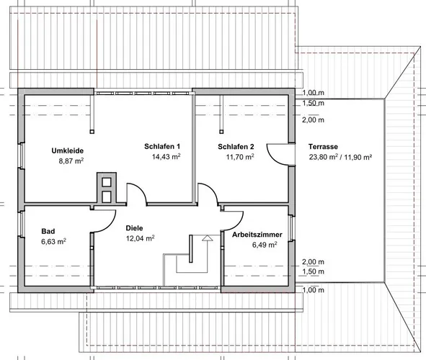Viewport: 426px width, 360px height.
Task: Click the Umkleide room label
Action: (x=67, y=150)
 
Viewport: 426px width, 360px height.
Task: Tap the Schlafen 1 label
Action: (x=162, y=146)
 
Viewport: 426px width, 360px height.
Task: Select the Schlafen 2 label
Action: (x=236, y=147)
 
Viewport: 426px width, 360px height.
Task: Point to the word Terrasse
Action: (x=323, y=147)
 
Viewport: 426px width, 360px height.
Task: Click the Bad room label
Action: (x=48, y=231)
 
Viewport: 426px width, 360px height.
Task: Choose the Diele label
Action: (x=134, y=228)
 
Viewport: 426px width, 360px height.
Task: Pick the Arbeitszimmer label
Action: (x=257, y=235)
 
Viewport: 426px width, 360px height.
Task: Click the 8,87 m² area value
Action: (x=71, y=161)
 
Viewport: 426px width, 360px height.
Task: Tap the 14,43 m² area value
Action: (x=167, y=156)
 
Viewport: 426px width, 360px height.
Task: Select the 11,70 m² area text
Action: (x=240, y=157)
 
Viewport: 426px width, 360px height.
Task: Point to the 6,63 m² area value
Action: (x=54, y=241)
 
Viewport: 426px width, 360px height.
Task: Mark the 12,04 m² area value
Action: (x=140, y=238)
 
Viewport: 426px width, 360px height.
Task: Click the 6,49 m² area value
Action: (x=265, y=245)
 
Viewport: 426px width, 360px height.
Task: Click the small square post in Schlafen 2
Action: (x=221, y=132)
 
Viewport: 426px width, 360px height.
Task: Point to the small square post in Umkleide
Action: (x=92, y=132)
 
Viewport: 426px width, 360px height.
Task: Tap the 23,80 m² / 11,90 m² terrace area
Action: (x=340, y=157)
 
